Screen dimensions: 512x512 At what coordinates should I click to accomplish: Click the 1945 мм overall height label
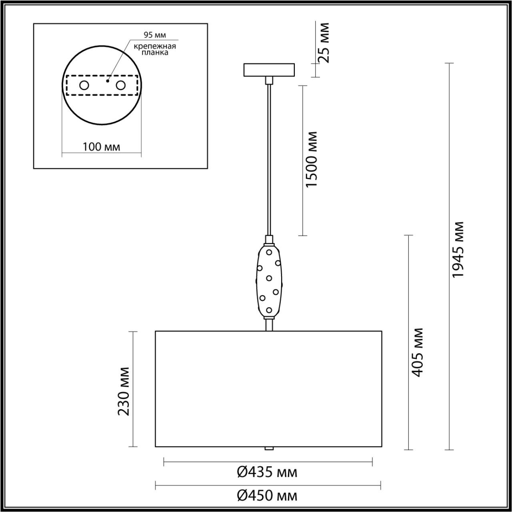tap(457, 249)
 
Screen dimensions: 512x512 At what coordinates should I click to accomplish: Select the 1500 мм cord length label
tap(311, 159)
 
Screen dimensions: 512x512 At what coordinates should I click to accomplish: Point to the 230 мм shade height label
tap(124, 391)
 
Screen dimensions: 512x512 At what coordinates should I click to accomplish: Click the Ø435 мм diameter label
tap(267, 472)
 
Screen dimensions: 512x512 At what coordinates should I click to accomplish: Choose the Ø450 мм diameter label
tap(267, 496)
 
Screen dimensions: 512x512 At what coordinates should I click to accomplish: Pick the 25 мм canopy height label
tap(324, 43)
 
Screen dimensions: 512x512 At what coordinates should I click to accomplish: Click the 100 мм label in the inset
tap(101, 147)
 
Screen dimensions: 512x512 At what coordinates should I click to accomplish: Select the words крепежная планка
tap(155, 49)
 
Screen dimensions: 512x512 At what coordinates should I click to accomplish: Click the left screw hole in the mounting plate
tap(84, 85)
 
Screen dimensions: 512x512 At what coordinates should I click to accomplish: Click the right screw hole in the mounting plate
tap(120, 85)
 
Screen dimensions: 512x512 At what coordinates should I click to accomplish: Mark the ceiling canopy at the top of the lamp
tap(269, 70)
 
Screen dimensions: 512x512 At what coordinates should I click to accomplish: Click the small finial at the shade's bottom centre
tap(269, 448)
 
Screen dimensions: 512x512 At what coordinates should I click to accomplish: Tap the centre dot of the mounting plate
tap(107, 80)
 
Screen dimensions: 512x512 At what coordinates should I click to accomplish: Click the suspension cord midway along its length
tap(269, 160)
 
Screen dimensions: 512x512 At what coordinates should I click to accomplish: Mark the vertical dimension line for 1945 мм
tap(450, 360)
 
